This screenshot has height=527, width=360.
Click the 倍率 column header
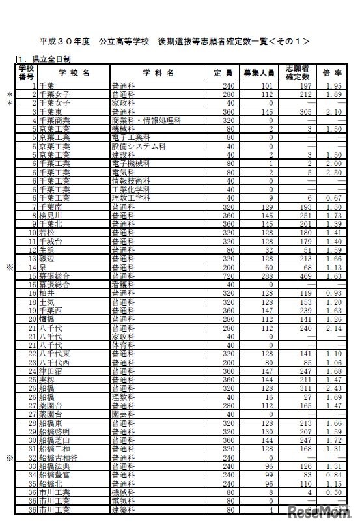332,73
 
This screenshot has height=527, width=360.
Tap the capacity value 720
227,276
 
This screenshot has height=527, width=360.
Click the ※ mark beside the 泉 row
9,267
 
